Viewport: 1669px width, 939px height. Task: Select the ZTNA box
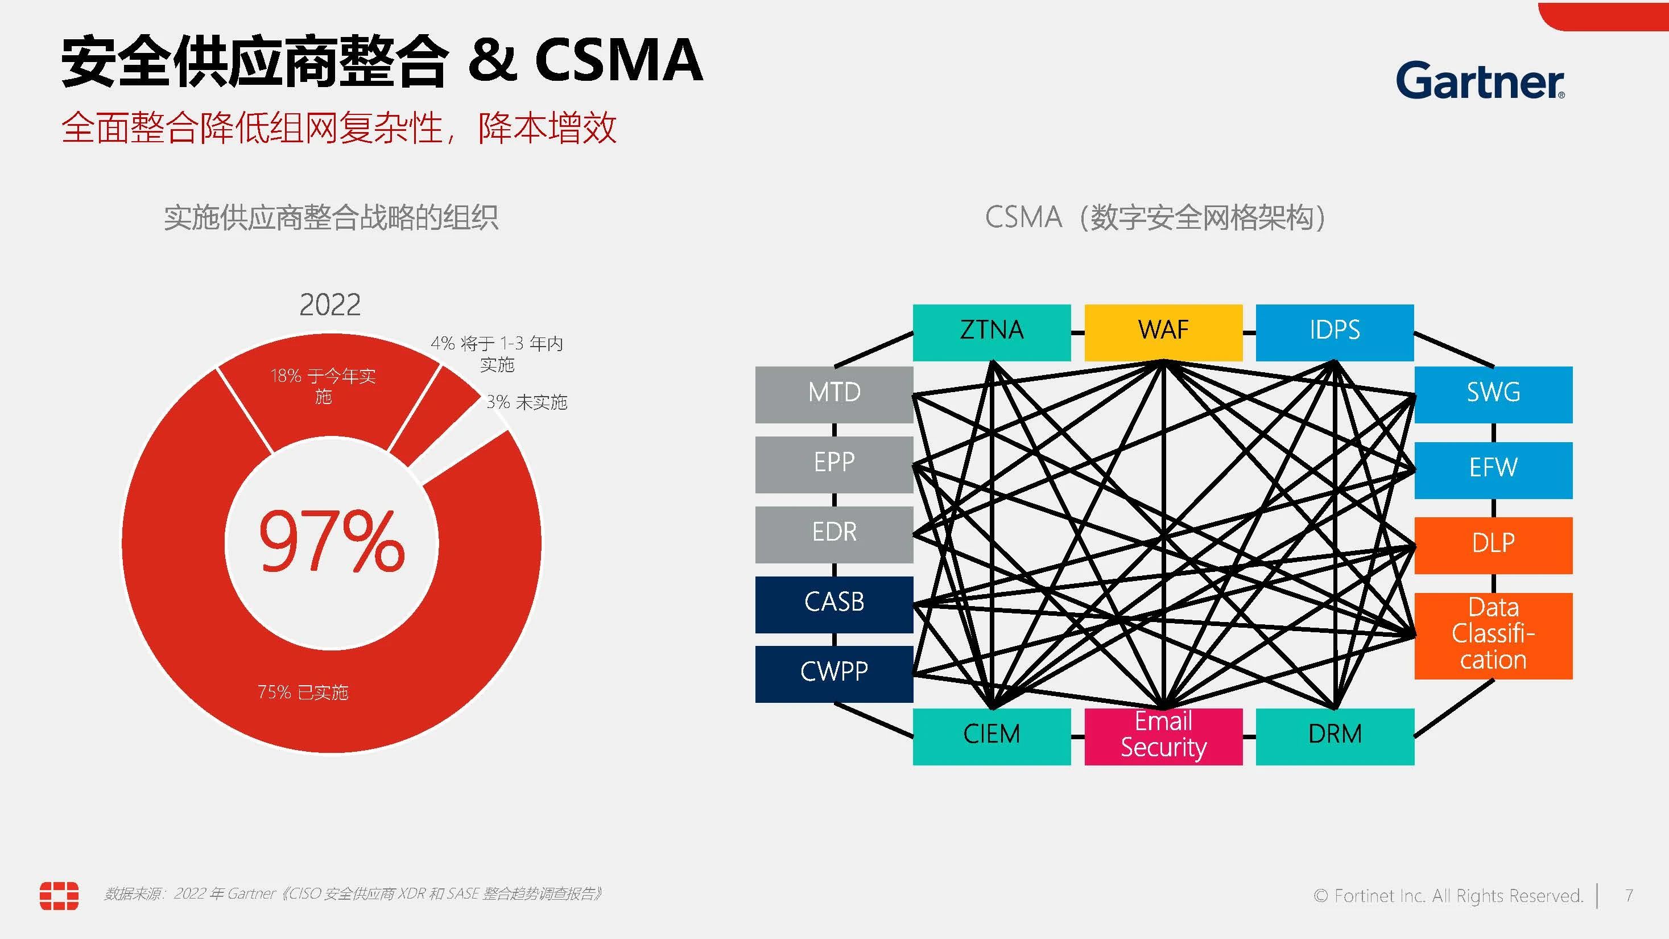click(992, 332)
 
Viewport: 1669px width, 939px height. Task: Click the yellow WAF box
click(1163, 332)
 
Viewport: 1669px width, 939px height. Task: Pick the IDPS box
click(1334, 332)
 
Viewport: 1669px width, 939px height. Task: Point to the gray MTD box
click(834, 394)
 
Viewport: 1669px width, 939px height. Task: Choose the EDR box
click(834, 533)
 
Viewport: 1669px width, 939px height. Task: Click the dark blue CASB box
click(834, 603)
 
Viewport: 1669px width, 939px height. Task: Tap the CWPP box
click(834, 673)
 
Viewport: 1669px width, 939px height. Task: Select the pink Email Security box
click(1163, 735)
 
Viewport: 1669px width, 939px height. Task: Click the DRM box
click(1334, 735)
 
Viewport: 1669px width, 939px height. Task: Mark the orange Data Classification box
click(1493, 635)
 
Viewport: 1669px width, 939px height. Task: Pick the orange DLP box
click(1493, 545)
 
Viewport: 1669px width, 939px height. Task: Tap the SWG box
click(1493, 394)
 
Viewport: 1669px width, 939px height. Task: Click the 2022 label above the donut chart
click(330, 304)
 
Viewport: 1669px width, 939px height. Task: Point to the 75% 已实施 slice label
click(303, 692)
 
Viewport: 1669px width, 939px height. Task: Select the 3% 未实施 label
click(526, 402)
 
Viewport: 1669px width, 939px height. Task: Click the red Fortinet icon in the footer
click(59, 895)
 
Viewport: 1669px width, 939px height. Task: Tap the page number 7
click(1628, 895)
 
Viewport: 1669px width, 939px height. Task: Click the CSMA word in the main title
click(618, 60)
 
